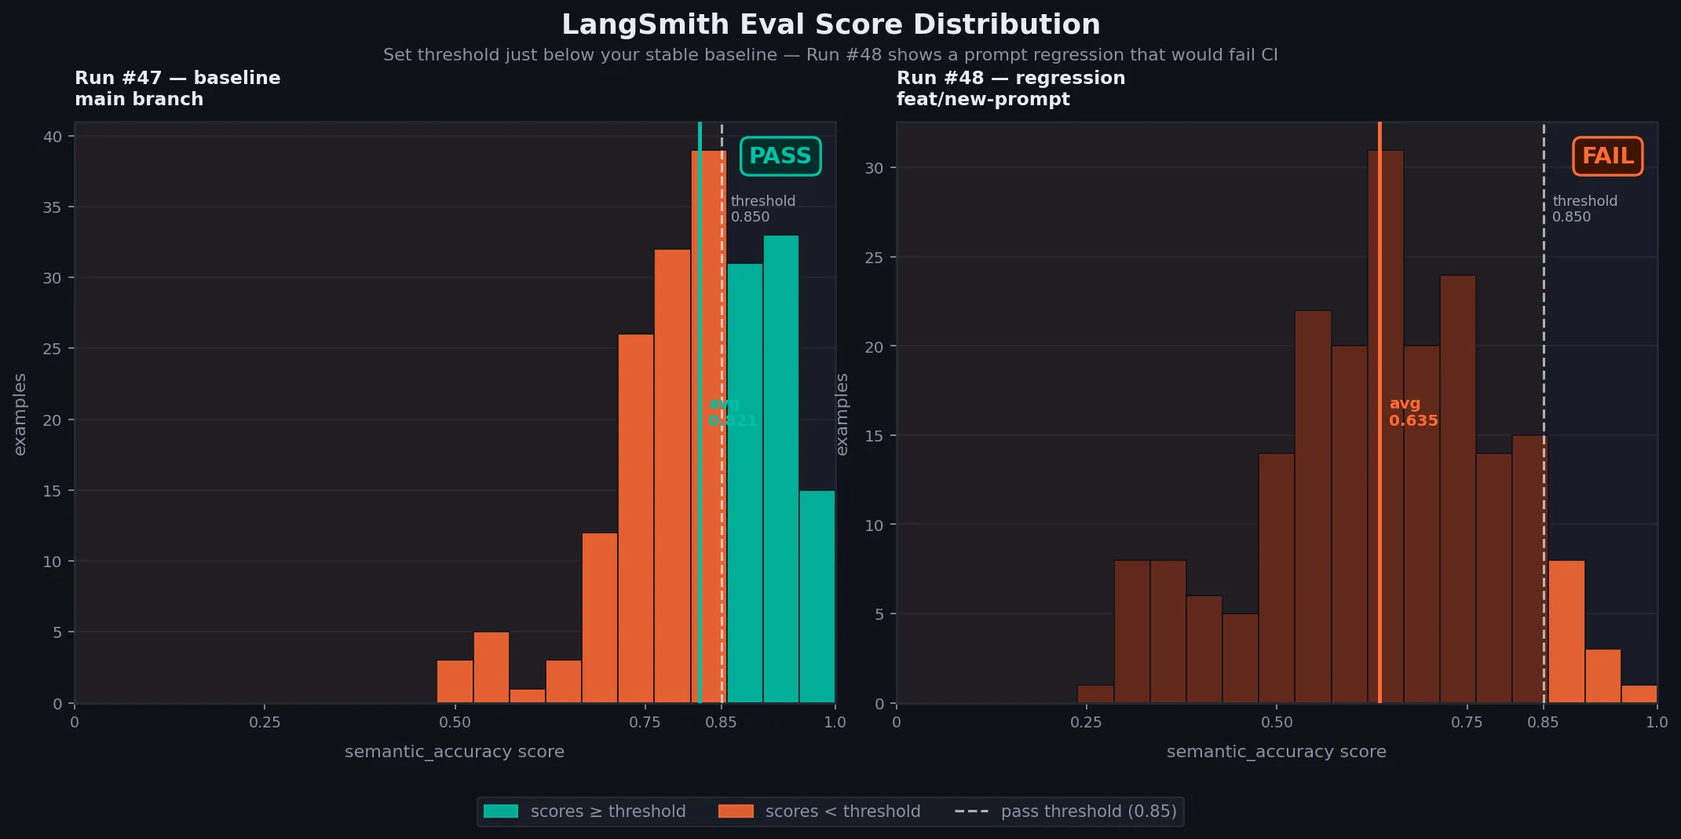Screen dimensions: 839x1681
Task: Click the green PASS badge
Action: click(x=780, y=156)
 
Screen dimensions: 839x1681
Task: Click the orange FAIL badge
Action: click(x=1607, y=156)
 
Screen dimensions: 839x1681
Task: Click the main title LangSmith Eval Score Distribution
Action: click(x=831, y=24)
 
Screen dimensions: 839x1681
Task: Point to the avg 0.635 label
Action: click(x=1412, y=412)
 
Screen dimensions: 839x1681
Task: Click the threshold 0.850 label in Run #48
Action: click(x=1584, y=209)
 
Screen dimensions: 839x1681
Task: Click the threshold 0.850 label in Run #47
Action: click(x=762, y=209)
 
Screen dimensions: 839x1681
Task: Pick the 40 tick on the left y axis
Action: click(x=53, y=137)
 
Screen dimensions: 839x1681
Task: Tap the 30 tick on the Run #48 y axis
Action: click(x=873, y=168)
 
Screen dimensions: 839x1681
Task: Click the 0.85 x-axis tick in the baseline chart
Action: click(x=721, y=722)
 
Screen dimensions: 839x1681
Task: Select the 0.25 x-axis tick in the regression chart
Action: click(x=1086, y=722)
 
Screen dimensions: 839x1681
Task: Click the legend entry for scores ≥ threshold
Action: click(x=584, y=812)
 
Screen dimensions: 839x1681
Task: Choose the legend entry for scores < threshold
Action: click(x=819, y=812)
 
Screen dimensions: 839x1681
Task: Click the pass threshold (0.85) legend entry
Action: click(x=1065, y=812)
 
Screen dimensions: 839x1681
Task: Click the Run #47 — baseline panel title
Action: click(x=177, y=78)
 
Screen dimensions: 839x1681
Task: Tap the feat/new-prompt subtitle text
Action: click(x=983, y=99)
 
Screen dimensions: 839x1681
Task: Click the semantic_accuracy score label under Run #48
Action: click(x=1276, y=752)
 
